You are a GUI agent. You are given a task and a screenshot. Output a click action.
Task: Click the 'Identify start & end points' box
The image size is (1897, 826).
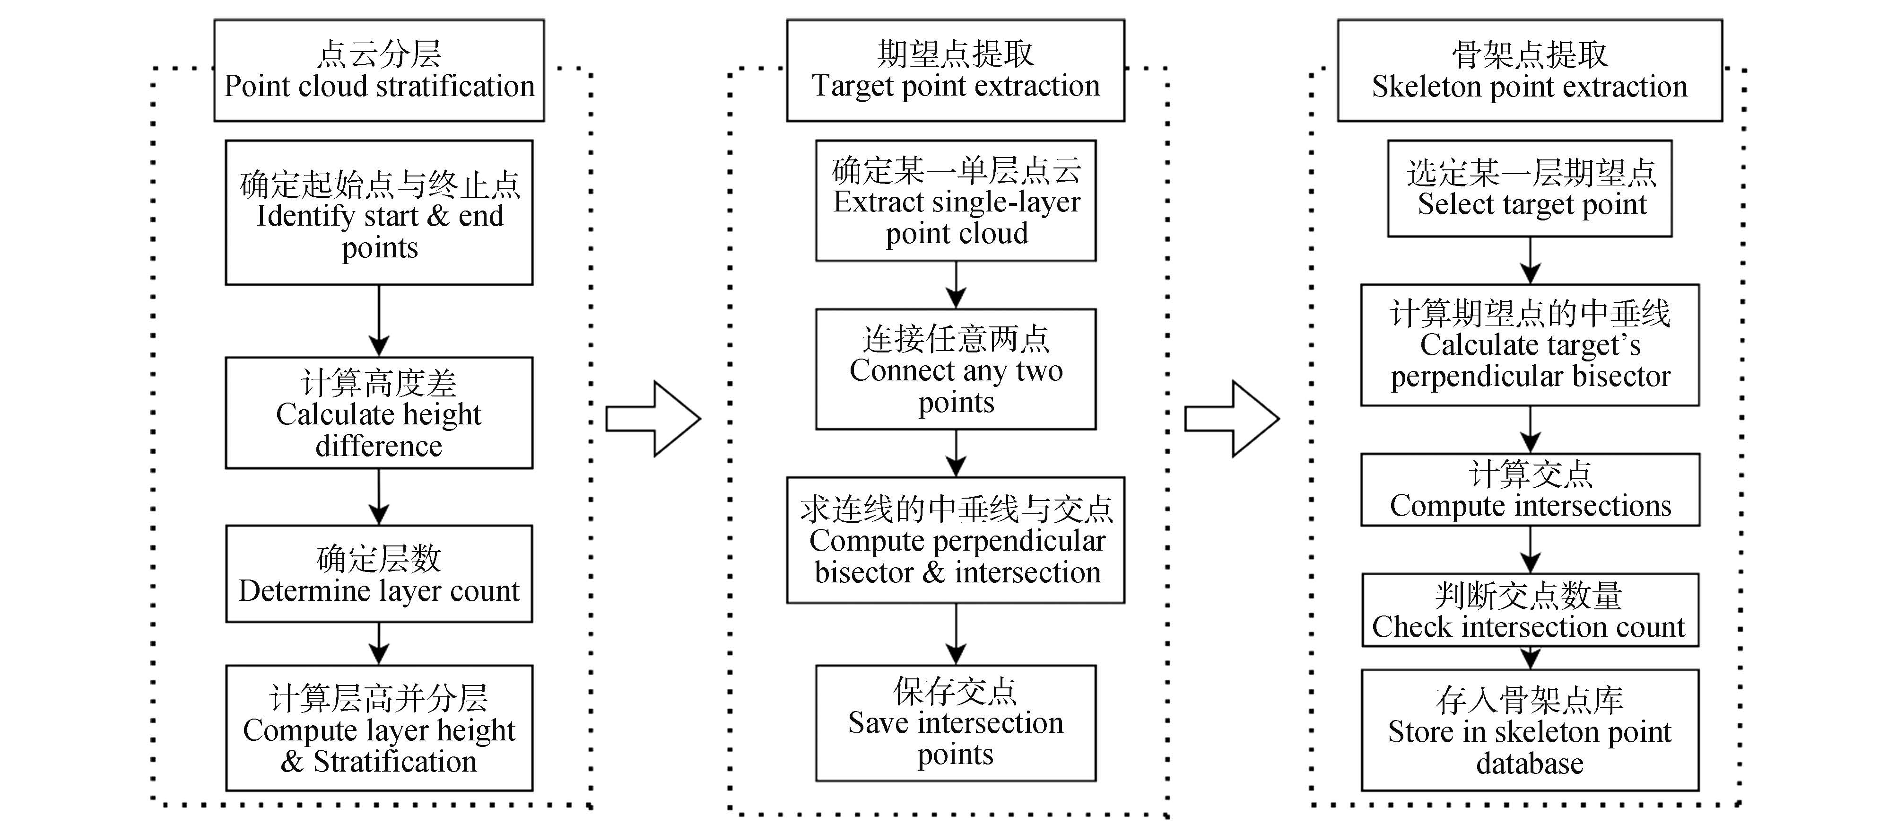click(x=379, y=213)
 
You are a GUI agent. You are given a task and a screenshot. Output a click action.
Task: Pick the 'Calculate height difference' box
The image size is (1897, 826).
click(x=379, y=413)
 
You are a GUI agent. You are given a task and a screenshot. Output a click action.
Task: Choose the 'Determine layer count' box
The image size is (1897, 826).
click(x=379, y=574)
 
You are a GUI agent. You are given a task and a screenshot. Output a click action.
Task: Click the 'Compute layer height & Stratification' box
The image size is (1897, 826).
click(x=379, y=728)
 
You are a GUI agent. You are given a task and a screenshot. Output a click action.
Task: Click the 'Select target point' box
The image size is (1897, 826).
click(x=1530, y=189)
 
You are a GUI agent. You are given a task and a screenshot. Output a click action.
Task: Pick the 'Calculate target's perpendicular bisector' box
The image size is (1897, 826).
click(x=1530, y=345)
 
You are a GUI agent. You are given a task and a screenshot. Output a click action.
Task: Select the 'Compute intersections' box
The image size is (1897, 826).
click(x=1530, y=490)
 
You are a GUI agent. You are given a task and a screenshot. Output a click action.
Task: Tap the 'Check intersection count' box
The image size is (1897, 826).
click(x=1530, y=610)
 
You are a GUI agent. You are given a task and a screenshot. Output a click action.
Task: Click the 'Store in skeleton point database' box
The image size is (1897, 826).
click(x=1530, y=730)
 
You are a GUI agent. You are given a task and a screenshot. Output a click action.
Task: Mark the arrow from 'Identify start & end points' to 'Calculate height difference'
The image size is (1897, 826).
click(x=379, y=321)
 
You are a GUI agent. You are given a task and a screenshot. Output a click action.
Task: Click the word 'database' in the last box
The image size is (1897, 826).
click(x=1530, y=764)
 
